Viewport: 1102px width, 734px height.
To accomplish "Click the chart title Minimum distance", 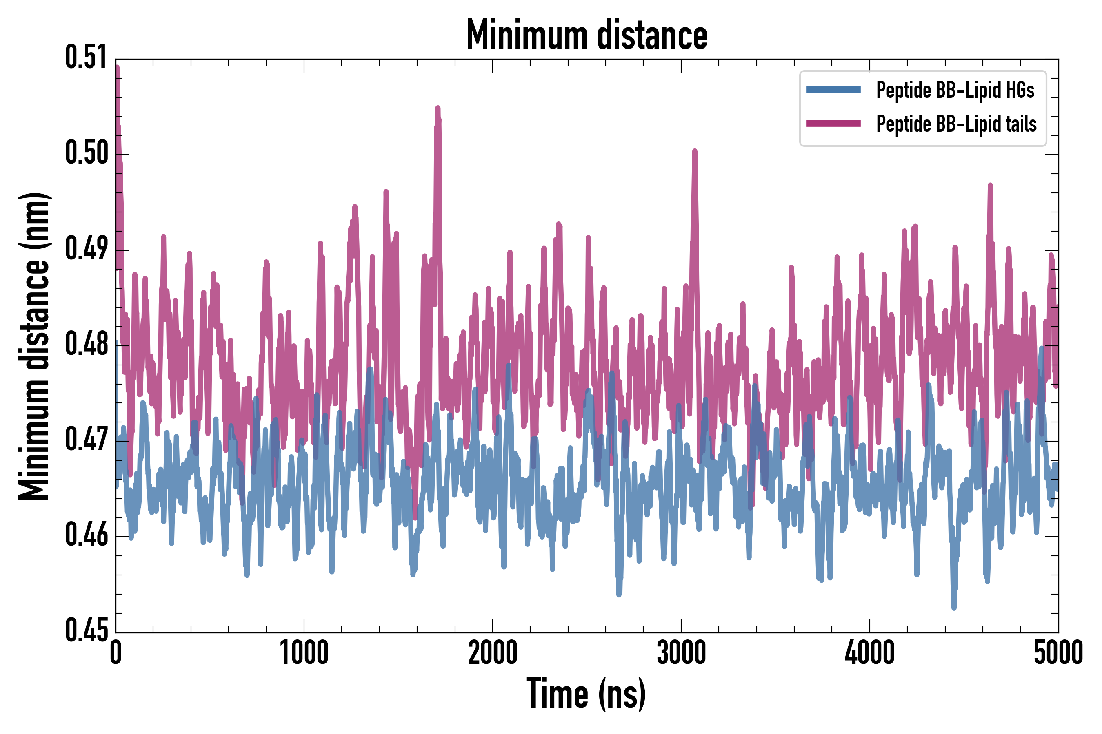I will click(x=587, y=35).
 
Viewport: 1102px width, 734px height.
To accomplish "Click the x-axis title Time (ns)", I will click(x=586, y=694).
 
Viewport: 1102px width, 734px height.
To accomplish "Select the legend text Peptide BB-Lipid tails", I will click(x=956, y=124).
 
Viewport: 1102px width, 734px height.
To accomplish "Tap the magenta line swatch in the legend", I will click(x=833, y=124).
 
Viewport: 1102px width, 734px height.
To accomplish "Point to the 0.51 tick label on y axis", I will click(x=86, y=57).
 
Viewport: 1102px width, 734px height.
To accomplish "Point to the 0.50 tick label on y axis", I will click(x=86, y=153).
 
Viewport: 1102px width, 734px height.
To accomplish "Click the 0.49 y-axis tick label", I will click(x=86, y=249).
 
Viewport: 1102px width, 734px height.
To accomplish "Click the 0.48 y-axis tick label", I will click(x=86, y=344).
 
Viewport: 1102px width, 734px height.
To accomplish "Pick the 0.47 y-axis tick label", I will click(x=86, y=440).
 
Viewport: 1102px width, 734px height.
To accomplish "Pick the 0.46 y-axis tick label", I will click(x=86, y=535).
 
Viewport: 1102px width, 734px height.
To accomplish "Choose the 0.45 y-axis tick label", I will click(x=86, y=630).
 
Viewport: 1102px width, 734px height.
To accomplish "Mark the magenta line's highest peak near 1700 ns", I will click(x=438, y=108).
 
